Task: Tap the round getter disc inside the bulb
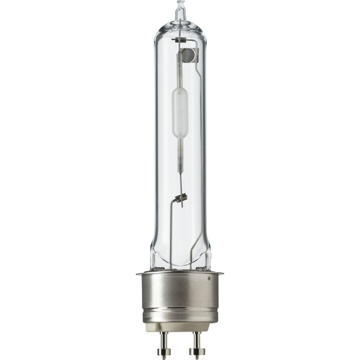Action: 188,55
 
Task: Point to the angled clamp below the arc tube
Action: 182,198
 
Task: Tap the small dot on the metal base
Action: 209,278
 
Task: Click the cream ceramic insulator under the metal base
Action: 180,326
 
